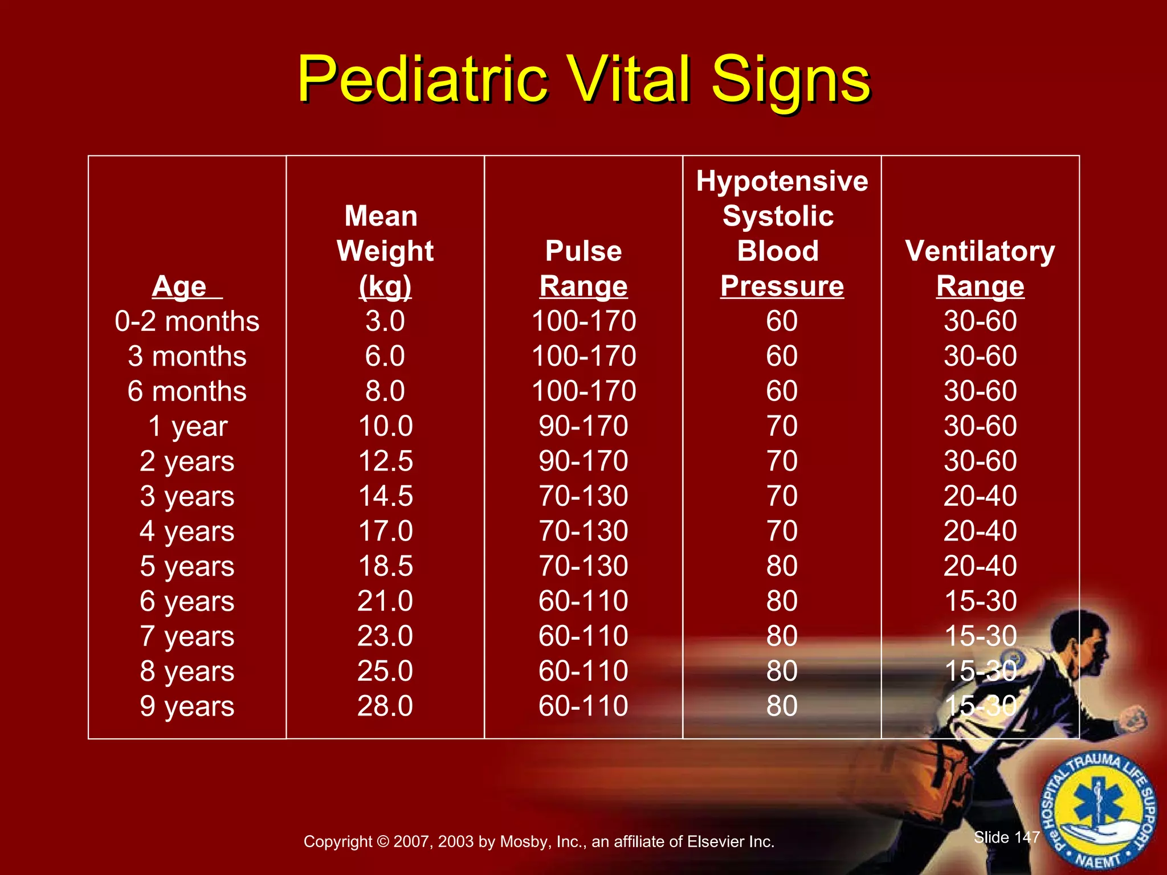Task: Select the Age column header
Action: (179, 286)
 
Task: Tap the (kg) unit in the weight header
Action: (385, 286)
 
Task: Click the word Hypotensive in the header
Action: (782, 181)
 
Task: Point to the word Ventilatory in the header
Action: (980, 251)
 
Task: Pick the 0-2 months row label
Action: (187, 321)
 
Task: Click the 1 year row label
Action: (187, 426)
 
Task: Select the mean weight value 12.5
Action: (385, 461)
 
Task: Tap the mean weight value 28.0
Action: (385, 706)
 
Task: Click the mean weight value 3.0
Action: (385, 321)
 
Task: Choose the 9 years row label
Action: (187, 706)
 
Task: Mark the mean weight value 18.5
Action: (385, 566)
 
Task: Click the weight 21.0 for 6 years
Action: (385, 601)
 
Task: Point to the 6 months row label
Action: (187, 391)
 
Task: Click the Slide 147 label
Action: (1006, 837)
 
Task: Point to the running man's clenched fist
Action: (1132, 720)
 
